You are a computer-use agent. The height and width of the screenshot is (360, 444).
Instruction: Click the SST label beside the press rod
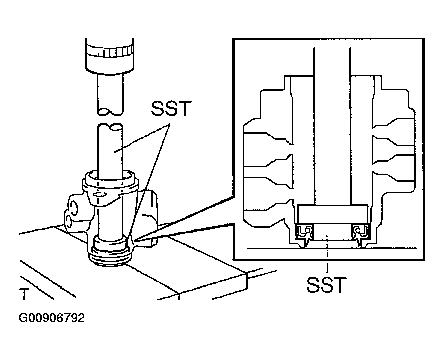171,108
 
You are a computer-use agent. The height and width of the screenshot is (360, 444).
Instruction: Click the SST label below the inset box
326,285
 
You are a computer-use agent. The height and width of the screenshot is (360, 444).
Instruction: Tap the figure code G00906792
51,318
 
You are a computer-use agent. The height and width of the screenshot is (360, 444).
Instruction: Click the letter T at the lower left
24,294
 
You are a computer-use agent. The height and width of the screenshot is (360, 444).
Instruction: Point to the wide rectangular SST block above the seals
332,214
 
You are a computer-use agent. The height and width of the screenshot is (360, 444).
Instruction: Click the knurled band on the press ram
109,51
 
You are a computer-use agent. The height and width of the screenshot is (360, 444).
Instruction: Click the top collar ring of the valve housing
110,180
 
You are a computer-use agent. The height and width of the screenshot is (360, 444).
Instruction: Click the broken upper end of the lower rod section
110,127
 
